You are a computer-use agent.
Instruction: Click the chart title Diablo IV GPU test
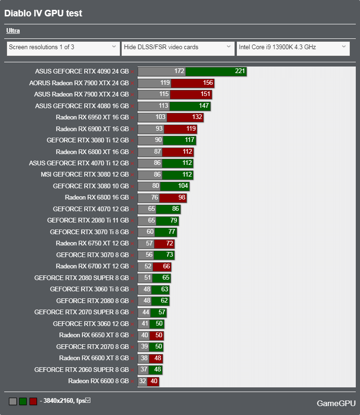[43, 13]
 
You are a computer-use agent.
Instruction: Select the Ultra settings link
[13, 31]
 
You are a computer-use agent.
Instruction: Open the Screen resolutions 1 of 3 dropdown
[63, 47]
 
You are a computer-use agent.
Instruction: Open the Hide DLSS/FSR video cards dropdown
[177, 47]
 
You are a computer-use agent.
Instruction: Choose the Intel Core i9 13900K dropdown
[293, 47]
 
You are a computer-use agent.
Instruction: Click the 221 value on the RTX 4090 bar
[240, 72]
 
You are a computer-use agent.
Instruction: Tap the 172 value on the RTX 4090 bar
[179, 72]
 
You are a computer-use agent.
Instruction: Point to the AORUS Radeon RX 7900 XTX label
[79, 83]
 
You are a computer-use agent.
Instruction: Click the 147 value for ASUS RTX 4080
[204, 106]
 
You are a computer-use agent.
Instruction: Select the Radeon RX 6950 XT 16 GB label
[92, 117]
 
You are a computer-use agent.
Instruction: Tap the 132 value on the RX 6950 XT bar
[197, 117]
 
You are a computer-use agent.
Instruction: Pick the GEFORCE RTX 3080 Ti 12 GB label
[88, 140]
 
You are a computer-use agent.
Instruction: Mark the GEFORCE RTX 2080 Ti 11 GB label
[88, 220]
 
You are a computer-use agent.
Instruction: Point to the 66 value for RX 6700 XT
[166, 266]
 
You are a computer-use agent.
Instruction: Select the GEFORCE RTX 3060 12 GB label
[90, 323]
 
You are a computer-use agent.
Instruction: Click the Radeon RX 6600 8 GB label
[98, 381]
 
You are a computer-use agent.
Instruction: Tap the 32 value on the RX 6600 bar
[142, 381]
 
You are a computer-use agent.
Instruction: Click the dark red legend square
[33, 401]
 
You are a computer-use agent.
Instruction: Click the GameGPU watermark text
[336, 403]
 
